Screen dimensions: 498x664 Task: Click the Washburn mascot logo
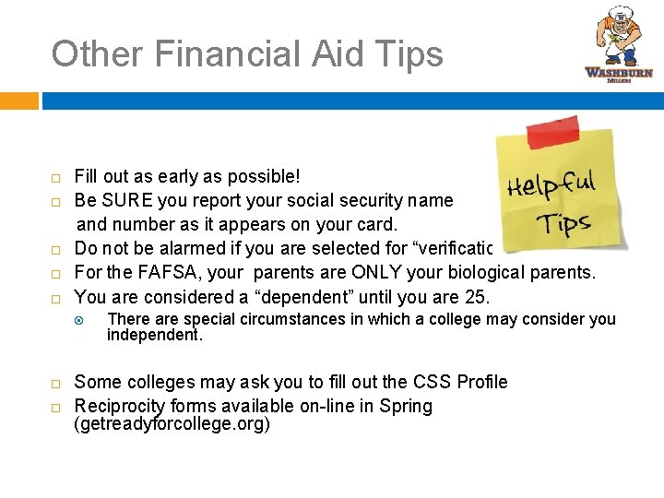pos(618,42)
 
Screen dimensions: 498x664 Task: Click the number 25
pos(479,297)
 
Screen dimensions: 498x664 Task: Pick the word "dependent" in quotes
pos(305,297)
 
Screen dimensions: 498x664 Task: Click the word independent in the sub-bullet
pos(154,336)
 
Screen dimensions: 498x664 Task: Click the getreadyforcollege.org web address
pos(172,425)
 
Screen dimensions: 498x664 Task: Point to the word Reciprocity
pos(120,406)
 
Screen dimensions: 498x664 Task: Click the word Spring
pos(408,406)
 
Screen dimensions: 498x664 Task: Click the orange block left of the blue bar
pos(18,101)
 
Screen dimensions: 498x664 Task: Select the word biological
pos(490,272)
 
